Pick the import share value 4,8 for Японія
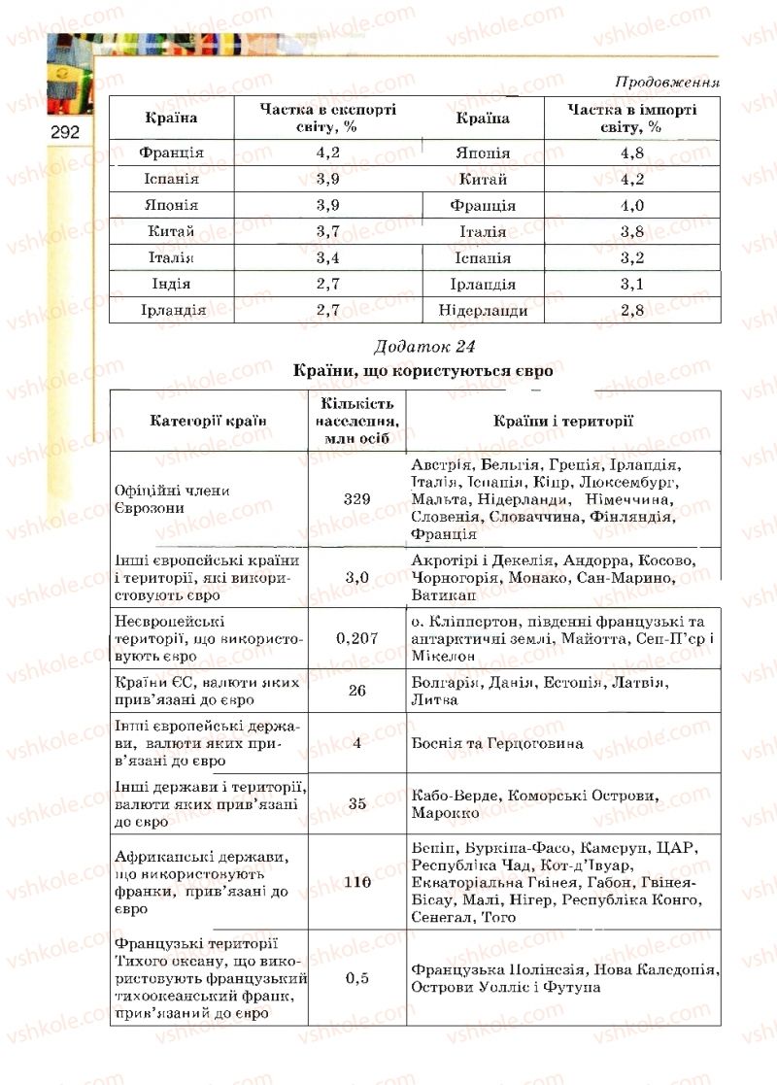pyautogui.click(x=632, y=153)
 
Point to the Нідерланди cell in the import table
pyautogui.click(x=483, y=311)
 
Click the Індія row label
pyautogui.click(x=171, y=285)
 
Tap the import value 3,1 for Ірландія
pyautogui.click(x=632, y=285)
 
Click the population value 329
pyautogui.click(x=357, y=498)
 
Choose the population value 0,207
pyautogui.click(x=357, y=638)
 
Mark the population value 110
pyautogui.click(x=357, y=882)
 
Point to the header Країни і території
pyautogui.click(x=563, y=421)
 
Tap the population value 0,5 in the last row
pyautogui.click(x=357, y=978)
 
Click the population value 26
pyautogui.click(x=357, y=691)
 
